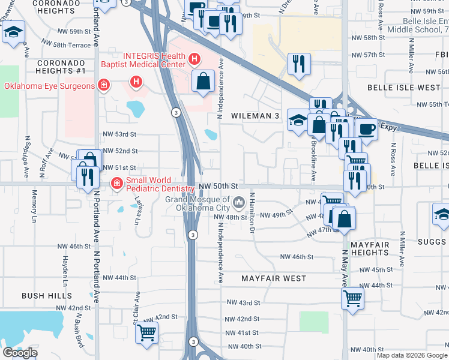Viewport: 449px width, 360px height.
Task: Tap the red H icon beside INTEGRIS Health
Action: pyautogui.click(x=194, y=58)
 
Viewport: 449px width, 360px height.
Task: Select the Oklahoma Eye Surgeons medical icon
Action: pyautogui.click(x=104, y=86)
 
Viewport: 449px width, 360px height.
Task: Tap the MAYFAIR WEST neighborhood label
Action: pyautogui.click(x=274, y=278)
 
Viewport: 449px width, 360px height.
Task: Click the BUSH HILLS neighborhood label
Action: pyautogui.click(x=47, y=296)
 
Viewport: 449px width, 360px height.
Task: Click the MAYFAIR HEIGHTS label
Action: pyautogui.click(x=370, y=249)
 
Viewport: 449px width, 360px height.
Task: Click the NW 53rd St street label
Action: pyautogui.click(x=120, y=134)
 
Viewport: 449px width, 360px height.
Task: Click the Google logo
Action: pyautogui.click(x=20, y=353)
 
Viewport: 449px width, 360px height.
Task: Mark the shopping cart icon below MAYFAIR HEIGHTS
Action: pyautogui.click(x=352, y=298)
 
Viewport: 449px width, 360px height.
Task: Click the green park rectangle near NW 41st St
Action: pyautogui.click(x=314, y=322)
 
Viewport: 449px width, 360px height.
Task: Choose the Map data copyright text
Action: pyautogui.click(x=412, y=355)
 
